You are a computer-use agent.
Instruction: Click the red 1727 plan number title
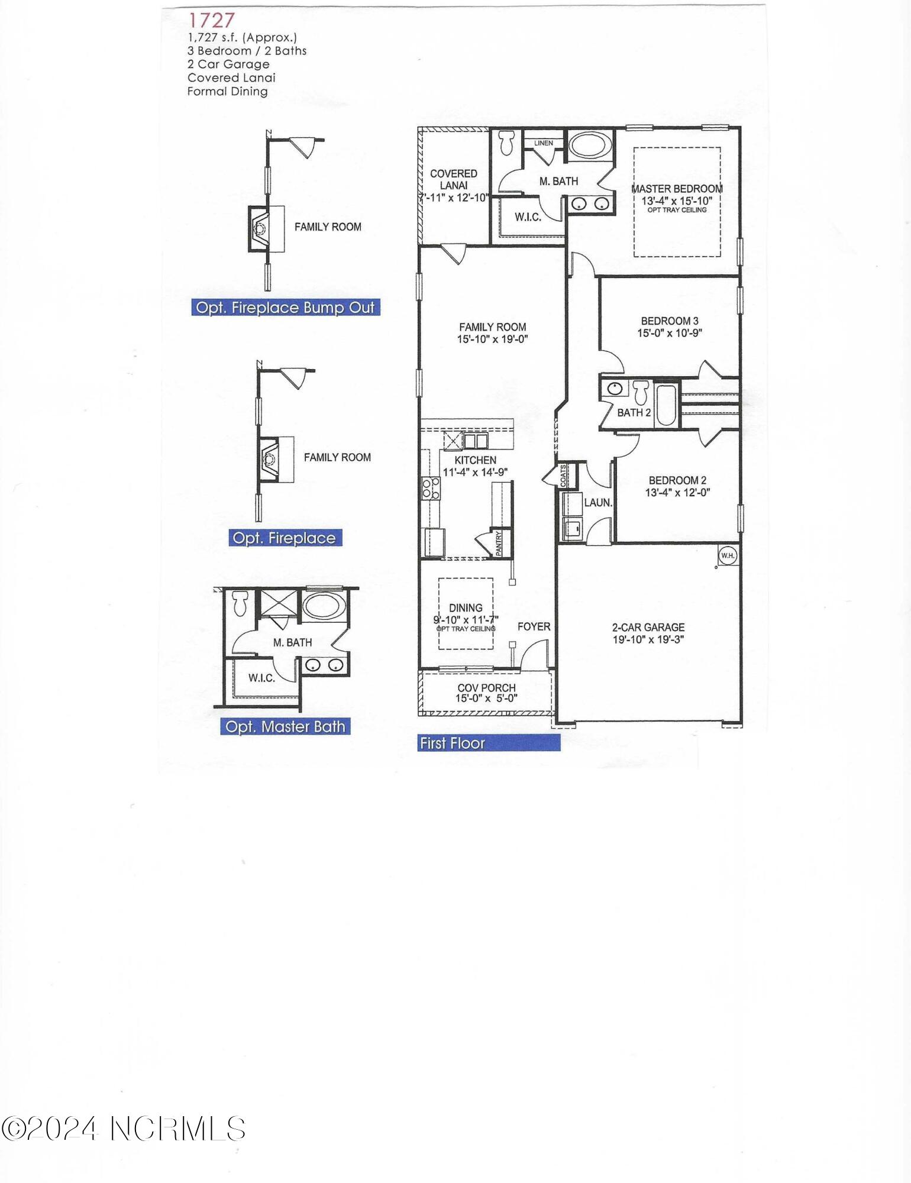pos(211,21)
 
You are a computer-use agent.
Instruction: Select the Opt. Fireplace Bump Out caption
pos(285,308)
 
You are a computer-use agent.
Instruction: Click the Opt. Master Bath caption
pos(285,726)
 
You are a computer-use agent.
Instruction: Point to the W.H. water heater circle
pos(728,555)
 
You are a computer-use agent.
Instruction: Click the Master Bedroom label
pos(677,189)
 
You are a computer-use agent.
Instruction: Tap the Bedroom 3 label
pos(670,321)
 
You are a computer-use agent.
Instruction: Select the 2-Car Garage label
pos(648,627)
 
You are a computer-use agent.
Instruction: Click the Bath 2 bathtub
pos(665,405)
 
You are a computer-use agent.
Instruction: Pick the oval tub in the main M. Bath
pos(590,144)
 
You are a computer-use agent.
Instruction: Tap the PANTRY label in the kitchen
pos(499,543)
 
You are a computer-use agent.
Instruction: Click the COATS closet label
pos(564,474)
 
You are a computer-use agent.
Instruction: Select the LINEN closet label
pos(544,143)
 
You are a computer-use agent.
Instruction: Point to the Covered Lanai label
pos(454,179)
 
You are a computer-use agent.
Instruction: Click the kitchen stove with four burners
pos(431,489)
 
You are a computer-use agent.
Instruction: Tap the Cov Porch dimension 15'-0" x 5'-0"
pos(486,699)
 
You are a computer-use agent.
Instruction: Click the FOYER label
pos(534,626)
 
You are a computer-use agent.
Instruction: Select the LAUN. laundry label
pos(598,503)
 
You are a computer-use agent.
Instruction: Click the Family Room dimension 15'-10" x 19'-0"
pos(492,340)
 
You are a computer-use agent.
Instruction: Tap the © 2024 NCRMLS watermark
pos(123,1129)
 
